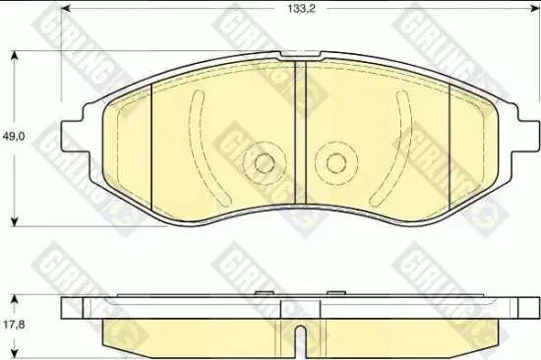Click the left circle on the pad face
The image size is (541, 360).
click(x=263, y=162)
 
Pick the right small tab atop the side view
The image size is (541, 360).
click(x=334, y=292)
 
